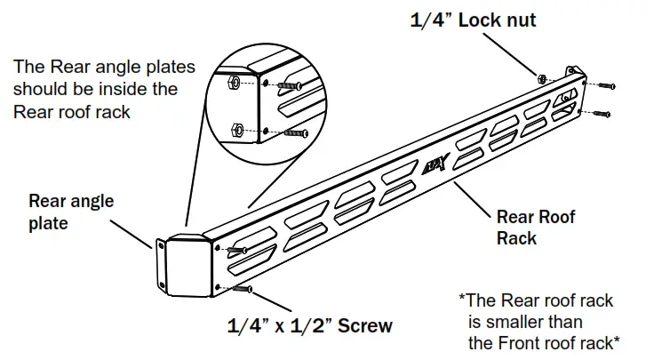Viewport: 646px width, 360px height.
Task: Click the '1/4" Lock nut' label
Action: pyautogui.click(x=473, y=20)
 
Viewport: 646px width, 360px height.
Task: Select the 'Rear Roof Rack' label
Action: pyautogui.click(x=536, y=228)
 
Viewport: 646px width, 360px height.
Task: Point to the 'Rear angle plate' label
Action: pyautogui.click(x=71, y=212)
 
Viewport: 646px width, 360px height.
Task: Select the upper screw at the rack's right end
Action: pyautogui.click(x=606, y=86)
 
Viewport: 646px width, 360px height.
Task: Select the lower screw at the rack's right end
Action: pyautogui.click(x=601, y=114)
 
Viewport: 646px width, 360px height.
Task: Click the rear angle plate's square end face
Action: pyautogui.click(x=187, y=266)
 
